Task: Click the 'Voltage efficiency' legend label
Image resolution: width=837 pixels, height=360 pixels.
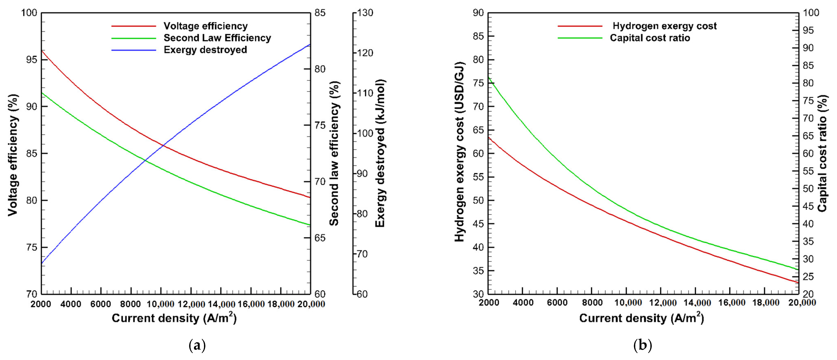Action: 205,26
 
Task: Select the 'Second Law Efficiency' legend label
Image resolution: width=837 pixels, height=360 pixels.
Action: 217,38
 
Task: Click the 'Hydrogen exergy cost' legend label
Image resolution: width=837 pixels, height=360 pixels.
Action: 664,26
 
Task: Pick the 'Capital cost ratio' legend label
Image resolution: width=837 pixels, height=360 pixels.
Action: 650,38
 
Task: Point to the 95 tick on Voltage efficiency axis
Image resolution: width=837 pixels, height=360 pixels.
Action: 31,60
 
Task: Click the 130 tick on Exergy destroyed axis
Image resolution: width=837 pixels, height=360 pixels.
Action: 365,13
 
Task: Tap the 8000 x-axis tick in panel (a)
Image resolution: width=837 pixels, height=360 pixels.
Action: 131,304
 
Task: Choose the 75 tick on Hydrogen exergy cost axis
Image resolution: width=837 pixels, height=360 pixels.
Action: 478,83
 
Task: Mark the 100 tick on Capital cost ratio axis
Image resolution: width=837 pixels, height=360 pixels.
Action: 811,13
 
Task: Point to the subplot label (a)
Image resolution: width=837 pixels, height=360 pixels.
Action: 197,345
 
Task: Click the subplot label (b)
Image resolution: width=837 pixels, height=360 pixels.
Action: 642,345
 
